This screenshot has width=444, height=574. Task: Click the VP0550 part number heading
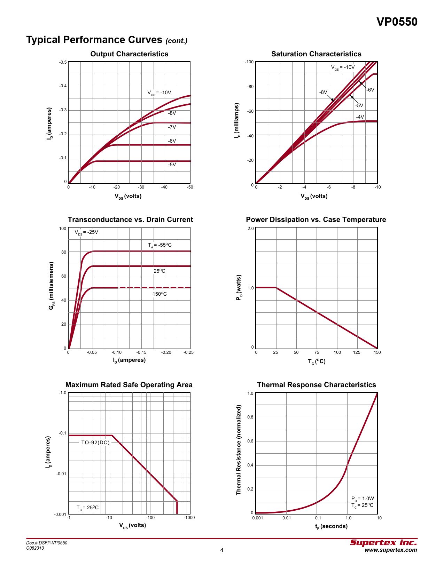point(397,22)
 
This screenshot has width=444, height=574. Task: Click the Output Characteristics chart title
point(129,54)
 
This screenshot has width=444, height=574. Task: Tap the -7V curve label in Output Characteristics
point(172,127)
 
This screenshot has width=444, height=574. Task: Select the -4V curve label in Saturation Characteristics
point(360,117)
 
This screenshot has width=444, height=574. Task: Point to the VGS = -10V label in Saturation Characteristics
point(343,67)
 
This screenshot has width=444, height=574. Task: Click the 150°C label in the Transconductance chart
point(159,294)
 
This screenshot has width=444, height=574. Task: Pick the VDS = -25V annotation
point(86,232)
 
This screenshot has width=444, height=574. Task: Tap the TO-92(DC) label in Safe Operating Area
point(95,443)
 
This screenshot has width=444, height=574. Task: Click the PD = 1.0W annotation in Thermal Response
point(363,499)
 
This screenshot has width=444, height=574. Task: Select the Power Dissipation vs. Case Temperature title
point(316,220)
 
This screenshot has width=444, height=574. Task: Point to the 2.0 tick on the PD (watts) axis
point(250,229)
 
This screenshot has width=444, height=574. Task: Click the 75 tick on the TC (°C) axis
point(317,352)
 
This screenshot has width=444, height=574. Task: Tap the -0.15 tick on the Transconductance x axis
point(141,352)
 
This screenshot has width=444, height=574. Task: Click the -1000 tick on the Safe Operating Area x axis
point(189,518)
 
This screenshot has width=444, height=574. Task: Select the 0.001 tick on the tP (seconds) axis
point(257,518)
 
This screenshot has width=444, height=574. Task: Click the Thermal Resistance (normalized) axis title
point(239,450)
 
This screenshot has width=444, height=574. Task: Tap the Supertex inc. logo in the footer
point(383,543)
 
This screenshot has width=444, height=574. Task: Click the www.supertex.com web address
point(390,550)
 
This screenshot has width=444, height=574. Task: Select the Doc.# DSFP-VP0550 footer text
point(47,543)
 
